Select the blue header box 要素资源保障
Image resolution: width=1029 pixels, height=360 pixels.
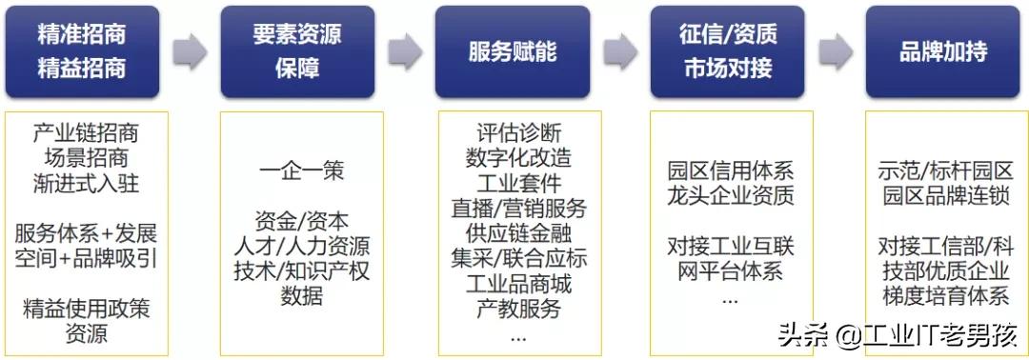(x=298, y=51)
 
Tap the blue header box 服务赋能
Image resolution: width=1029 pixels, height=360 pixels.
(x=513, y=51)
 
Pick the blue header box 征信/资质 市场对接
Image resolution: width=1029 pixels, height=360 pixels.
(x=728, y=51)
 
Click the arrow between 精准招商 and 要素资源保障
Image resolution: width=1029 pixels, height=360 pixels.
(x=191, y=51)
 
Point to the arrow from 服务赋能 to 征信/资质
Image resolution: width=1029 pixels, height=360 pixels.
(x=620, y=51)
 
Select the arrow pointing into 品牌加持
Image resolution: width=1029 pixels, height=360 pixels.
(x=836, y=51)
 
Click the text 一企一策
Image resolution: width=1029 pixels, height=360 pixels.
(x=301, y=172)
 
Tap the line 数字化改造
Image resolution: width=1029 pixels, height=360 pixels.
(x=518, y=157)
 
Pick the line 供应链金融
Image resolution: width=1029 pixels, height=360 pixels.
(x=518, y=233)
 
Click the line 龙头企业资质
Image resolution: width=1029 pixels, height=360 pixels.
(x=731, y=197)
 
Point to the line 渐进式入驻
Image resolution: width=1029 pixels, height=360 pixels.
(x=86, y=182)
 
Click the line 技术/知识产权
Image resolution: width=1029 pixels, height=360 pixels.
(x=301, y=271)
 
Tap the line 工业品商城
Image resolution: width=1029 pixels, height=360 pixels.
(x=518, y=284)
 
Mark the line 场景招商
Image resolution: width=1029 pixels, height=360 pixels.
(x=86, y=157)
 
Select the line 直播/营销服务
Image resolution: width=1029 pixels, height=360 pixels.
(x=518, y=208)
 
